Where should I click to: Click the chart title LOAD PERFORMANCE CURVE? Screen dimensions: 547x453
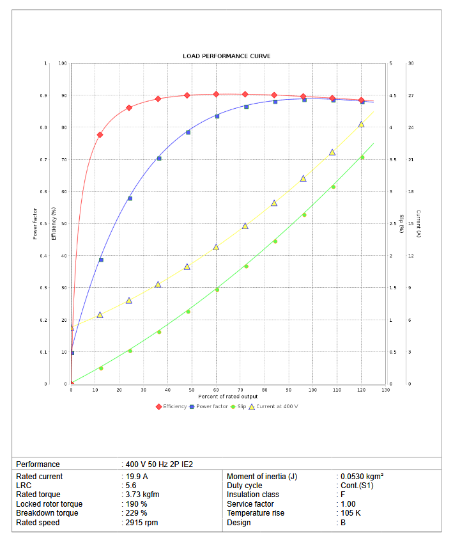coord(226,56)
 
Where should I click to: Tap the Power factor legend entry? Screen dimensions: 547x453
coord(211,406)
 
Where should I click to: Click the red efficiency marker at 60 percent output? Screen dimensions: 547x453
coord(216,94)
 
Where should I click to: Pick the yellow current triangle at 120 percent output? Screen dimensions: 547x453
coord(361,124)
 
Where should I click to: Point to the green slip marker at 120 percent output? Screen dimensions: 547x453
coord(362,157)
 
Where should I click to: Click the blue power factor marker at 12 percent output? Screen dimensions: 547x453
coord(101,260)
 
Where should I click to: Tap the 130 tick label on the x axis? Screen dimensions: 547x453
coord(385,390)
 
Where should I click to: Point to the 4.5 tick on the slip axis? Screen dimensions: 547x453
coord(392,96)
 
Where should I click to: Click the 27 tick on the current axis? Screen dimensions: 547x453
coord(410,96)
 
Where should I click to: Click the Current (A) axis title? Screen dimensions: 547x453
coord(418,224)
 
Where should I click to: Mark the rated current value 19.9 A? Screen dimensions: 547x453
coord(137,477)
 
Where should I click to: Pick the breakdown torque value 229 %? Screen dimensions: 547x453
coord(137,513)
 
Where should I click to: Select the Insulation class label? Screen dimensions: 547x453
coord(252,495)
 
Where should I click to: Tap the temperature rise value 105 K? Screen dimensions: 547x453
coord(351,513)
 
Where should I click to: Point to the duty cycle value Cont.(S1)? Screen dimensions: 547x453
coord(356,486)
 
